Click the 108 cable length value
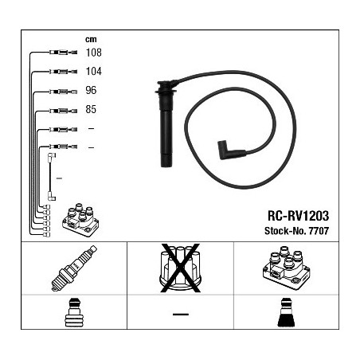click(93, 53)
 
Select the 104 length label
click(93, 71)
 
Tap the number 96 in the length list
click(91, 90)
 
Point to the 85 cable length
click(91, 109)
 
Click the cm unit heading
click(91, 39)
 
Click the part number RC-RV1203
click(298, 216)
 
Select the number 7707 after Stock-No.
click(319, 231)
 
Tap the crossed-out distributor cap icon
click(180, 268)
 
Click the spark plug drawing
click(74, 268)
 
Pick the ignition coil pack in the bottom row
click(287, 268)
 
